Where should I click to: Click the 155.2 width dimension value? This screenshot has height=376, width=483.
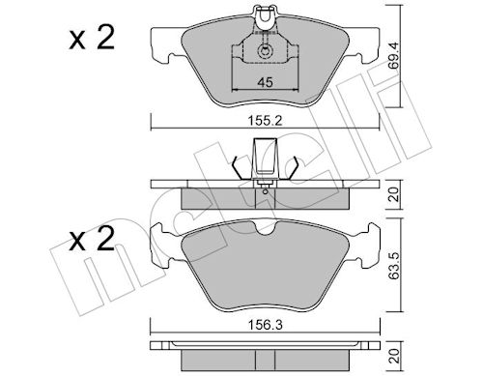[x=265, y=121]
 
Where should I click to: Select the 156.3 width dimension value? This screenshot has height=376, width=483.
[x=265, y=325]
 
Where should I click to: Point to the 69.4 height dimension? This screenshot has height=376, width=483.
[x=393, y=55]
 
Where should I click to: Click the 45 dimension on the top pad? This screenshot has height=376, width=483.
[x=265, y=82]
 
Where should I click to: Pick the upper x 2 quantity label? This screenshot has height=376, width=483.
[x=92, y=39]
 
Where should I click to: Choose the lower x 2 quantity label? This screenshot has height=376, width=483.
[x=92, y=240]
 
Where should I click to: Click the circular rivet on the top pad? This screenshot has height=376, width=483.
[x=265, y=51]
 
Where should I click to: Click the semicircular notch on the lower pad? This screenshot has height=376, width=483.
[x=265, y=229]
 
